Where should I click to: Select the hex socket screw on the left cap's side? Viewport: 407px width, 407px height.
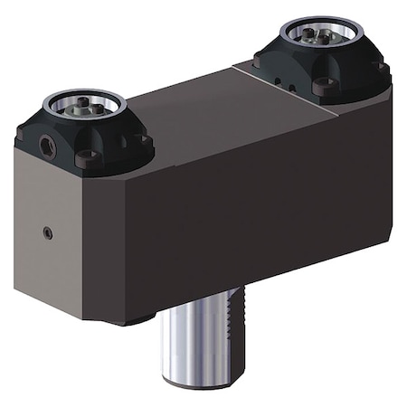tap(45, 142)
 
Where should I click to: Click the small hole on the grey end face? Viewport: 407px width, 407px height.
tap(47, 232)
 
